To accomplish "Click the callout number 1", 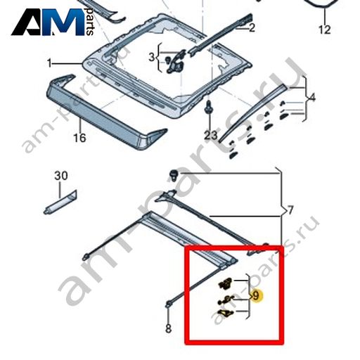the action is (x=49, y=63).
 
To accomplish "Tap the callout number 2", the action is (x=252, y=28).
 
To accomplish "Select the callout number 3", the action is (x=152, y=57).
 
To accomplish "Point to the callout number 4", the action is (x=312, y=97).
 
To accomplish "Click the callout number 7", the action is (x=290, y=210).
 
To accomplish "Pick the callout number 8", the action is (x=168, y=328).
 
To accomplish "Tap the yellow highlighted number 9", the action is (x=256, y=295).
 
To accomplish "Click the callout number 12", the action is (x=325, y=30).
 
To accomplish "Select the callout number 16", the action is (x=79, y=138).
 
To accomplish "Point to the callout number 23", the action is (x=210, y=135).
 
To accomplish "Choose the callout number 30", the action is (x=61, y=176).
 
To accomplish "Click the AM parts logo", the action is (x=53, y=22).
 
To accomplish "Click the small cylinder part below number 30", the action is (x=60, y=202).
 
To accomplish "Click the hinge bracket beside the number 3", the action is (x=176, y=61).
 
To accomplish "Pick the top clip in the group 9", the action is (x=225, y=283).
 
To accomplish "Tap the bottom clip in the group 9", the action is (x=225, y=313).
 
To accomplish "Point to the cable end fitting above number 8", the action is (x=168, y=304).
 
